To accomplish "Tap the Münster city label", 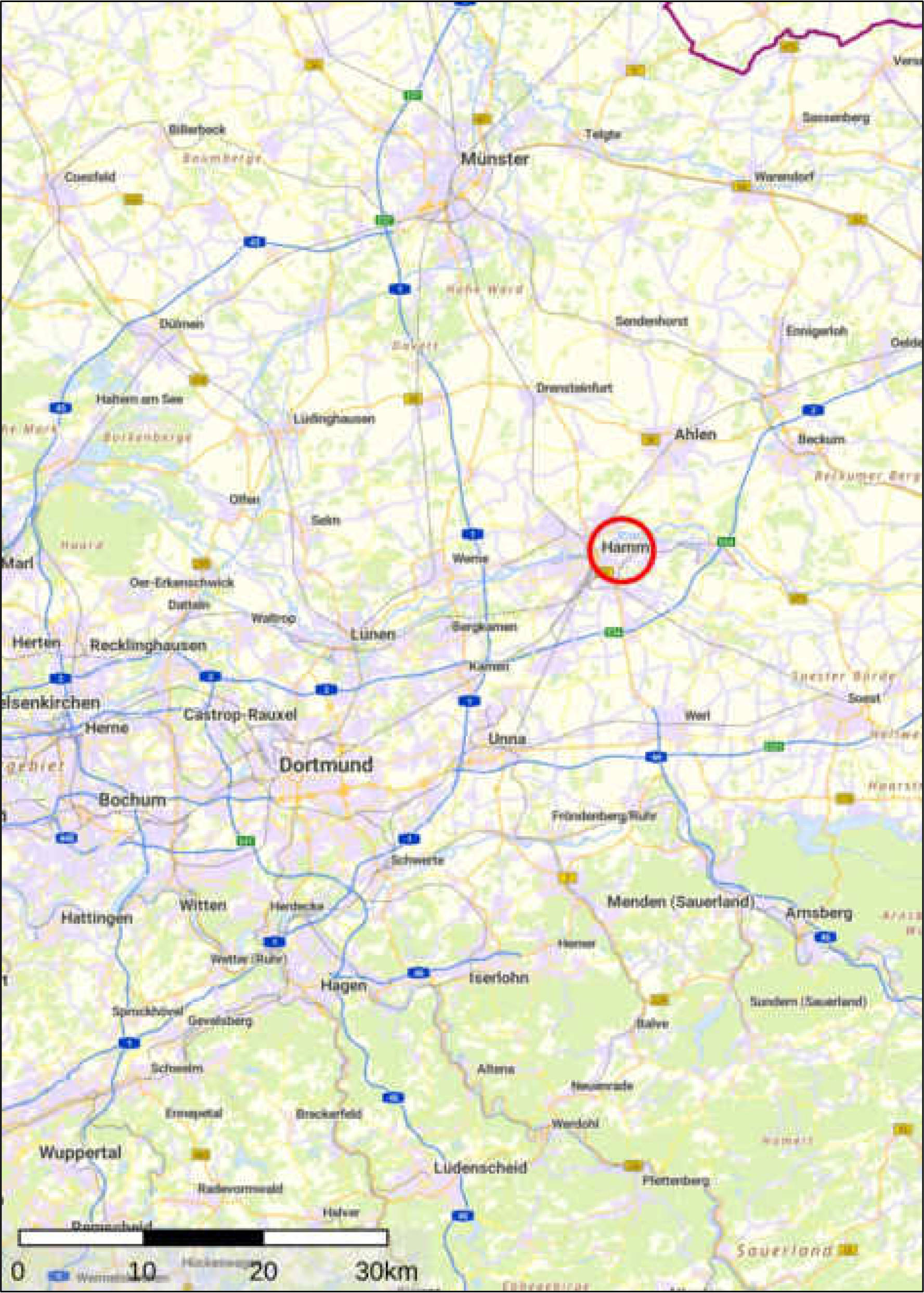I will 494,159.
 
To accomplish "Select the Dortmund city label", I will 326,765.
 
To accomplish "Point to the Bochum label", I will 133,800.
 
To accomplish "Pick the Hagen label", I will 344,984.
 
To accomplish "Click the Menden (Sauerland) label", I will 681,902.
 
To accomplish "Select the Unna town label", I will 506,739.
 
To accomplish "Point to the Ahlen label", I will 695,435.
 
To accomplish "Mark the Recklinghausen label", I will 148,646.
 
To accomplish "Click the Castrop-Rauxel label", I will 240,714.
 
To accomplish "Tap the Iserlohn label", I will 499,977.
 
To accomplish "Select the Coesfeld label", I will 90,177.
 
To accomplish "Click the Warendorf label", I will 784,176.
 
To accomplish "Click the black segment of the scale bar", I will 203,1238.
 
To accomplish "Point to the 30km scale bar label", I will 386,1271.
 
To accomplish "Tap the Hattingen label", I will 97,918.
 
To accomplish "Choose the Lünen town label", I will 372,634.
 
